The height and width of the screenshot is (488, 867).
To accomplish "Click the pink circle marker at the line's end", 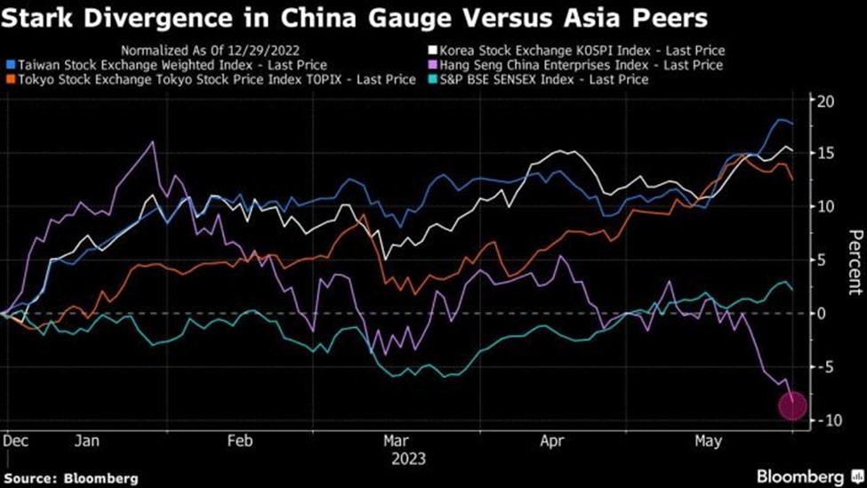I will tap(793, 406).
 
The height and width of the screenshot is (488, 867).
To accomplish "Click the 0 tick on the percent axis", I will tap(823, 313).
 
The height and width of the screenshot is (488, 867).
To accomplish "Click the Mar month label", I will tap(396, 441).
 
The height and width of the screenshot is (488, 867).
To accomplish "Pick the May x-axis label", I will tap(708, 441).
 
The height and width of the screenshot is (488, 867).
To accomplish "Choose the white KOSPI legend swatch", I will tap(433, 52).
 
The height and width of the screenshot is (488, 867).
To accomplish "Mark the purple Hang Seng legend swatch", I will tap(433, 66).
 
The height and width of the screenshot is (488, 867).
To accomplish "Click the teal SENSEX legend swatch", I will tap(433, 80).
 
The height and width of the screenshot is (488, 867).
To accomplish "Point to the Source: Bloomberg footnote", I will tap(72, 478).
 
